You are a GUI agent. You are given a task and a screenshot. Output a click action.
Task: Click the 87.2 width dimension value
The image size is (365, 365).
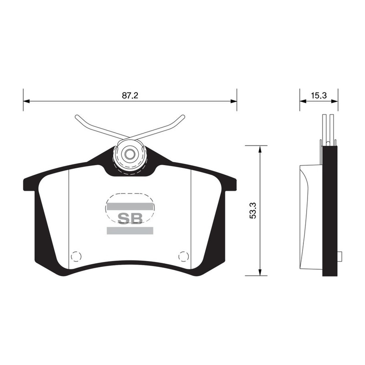coord(130,95)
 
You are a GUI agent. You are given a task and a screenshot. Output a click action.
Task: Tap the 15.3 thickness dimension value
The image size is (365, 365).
coord(319,95)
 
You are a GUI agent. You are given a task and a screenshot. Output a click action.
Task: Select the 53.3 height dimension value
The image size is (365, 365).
coord(253,210)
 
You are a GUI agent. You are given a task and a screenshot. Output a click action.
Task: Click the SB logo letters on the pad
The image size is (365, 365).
coord(130,219)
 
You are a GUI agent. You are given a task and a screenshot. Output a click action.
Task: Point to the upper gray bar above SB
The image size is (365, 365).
coord(130,207)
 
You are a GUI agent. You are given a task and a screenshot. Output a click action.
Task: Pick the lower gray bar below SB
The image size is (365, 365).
coord(130,230)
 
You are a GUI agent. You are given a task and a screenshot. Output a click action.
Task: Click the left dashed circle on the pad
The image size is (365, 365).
coord(76,256)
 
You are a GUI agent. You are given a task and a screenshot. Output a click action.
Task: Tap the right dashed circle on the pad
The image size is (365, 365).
coord(183,256)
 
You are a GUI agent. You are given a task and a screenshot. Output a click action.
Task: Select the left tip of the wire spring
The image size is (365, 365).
coord(76,116)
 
